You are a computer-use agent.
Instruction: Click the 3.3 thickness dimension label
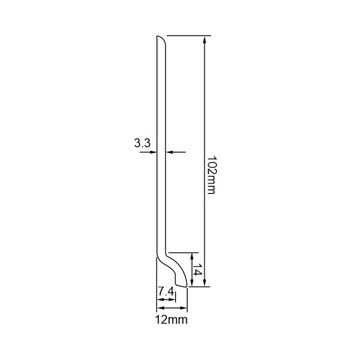tap(142, 143)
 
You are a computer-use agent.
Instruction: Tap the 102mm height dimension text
tap(211, 175)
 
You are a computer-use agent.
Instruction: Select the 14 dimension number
tap(197, 271)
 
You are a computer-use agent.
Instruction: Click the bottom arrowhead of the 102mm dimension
tap(205, 282)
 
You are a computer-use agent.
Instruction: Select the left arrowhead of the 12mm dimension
tap(160, 308)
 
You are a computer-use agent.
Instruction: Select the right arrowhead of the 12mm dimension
tap(183, 308)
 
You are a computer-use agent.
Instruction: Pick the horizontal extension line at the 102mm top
tap(188, 36)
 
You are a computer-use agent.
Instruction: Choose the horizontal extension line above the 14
tap(183, 253)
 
